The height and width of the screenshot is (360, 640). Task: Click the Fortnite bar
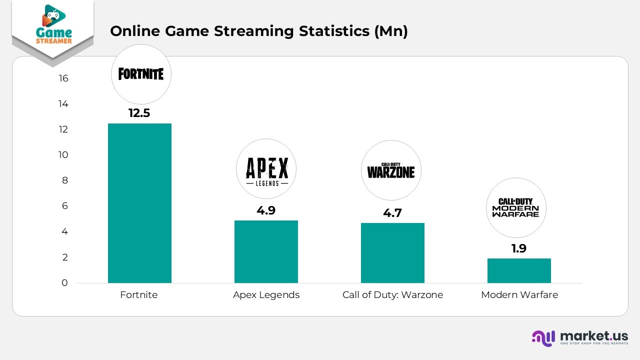pyautogui.click(x=139, y=203)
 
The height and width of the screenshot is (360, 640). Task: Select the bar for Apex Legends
pyautogui.click(x=266, y=251)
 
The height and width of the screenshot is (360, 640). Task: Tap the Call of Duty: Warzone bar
pyautogui.click(x=392, y=253)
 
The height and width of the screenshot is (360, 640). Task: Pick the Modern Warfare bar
pyautogui.click(x=519, y=270)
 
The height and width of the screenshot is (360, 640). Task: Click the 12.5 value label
pyautogui.click(x=139, y=113)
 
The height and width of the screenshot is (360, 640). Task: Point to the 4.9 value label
pyautogui.click(x=266, y=210)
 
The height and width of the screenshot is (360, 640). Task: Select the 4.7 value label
pyautogui.click(x=392, y=213)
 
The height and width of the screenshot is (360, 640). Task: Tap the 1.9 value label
pyautogui.click(x=519, y=248)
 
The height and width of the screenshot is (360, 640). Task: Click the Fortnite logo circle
pyautogui.click(x=141, y=74)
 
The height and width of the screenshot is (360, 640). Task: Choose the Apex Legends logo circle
pyautogui.click(x=266, y=169)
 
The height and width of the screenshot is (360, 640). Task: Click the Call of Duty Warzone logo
pyautogui.click(x=391, y=170)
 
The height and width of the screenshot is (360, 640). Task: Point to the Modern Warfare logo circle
pyautogui.click(x=516, y=207)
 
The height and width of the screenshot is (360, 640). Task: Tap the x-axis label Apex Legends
pyautogui.click(x=266, y=295)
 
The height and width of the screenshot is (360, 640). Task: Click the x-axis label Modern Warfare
pyautogui.click(x=519, y=295)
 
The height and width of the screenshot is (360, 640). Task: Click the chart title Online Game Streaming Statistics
pyautogui.click(x=258, y=31)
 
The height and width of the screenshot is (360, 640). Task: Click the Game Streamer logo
pyautogui.click(x=53, y=28)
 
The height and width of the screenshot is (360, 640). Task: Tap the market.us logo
pyautogui.click(x=579, y=337)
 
